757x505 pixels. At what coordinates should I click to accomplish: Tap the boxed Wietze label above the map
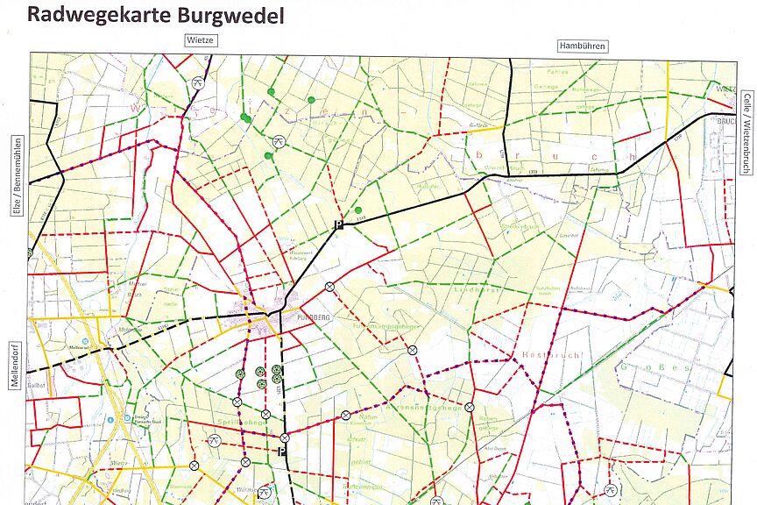pos(200,40)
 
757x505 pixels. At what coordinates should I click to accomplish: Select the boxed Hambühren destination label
pos(583,46)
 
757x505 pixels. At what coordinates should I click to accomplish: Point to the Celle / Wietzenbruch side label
pos(746,126)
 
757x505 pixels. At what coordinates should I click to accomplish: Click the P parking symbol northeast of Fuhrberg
pos(336,225)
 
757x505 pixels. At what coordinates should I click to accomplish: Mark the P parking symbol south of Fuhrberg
pos(282,452)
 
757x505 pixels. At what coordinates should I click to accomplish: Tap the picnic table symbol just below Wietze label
pos(198,82)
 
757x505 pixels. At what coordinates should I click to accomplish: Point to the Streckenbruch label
pos(519,226)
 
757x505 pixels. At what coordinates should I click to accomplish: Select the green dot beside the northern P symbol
pos(358,210)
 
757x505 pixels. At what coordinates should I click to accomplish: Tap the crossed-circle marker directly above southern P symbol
pos(284,437)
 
